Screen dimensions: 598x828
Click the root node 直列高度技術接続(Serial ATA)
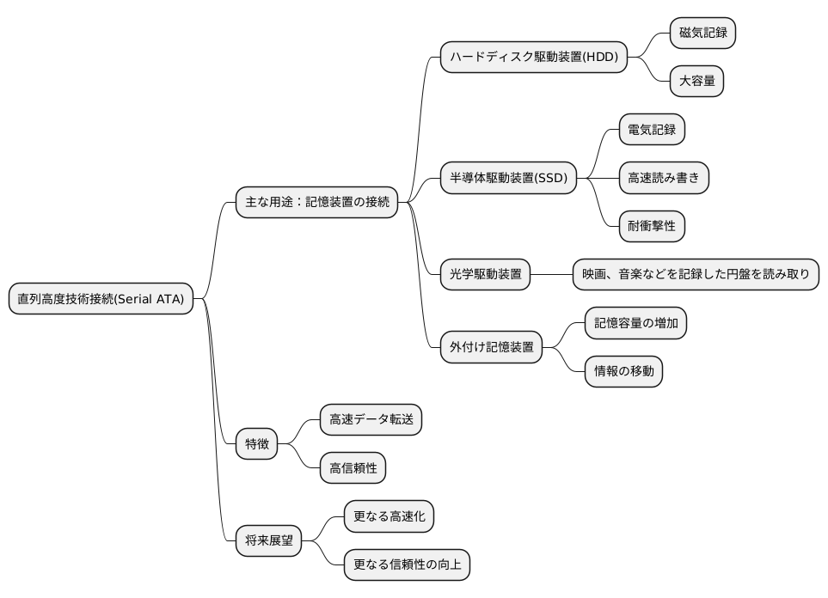tap(101, 299)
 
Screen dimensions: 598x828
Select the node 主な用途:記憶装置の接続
tap(317, 203)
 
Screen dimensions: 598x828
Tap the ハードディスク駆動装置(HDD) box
tap(534, 58)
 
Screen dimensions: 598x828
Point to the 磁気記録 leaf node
tap(702, 33)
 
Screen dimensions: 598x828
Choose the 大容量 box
tap(696, 82)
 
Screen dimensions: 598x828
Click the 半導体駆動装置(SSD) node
tap(508, 178)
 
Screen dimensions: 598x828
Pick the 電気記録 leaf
tap(652, 130)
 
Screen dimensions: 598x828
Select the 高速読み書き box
tap(664, 178)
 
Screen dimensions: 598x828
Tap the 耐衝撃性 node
tap(652, 226)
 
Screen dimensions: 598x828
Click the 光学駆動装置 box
tap(485, 275)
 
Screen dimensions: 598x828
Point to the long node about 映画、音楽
tap(696, 275)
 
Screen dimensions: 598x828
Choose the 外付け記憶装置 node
tap(491, 347)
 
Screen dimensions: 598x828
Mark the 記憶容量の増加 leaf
tap(635, 323)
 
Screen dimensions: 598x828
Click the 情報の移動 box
tap(623, 371)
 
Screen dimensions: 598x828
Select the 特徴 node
tap(256, 444)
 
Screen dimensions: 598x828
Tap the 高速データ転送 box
tap(371, 420)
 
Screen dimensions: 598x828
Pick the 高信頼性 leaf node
tap(353, 468)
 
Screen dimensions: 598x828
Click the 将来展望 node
tap(268, 540)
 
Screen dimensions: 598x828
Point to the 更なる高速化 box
tap(389, 516)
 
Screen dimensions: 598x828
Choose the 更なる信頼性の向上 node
tap(407, 564)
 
